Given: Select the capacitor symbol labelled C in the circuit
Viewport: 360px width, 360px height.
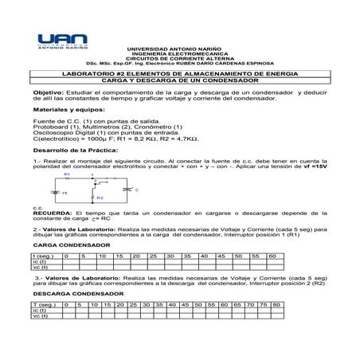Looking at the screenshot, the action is click(x=125, y=190).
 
